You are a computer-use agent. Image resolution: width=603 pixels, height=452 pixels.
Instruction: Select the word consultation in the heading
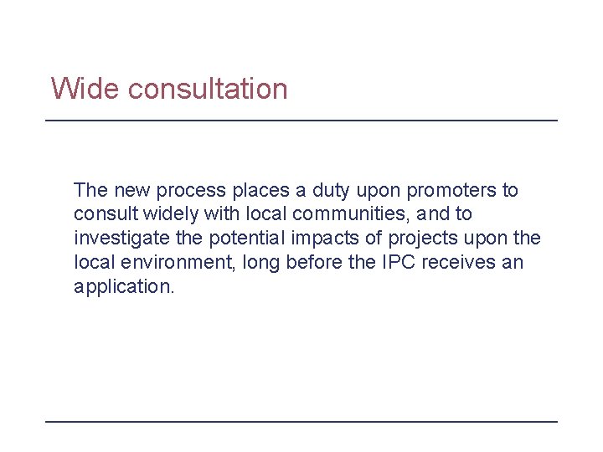pos(208,88)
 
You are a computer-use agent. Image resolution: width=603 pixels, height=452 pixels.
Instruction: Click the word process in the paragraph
pos(190,190)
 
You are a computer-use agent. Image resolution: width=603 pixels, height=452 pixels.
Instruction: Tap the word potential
pos(245,239)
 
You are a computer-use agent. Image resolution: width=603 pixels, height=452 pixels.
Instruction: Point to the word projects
pos(418,239)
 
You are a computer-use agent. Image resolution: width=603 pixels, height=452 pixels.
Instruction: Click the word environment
pos(176,263)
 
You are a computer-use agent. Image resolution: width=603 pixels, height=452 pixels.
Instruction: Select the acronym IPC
pos(399,263)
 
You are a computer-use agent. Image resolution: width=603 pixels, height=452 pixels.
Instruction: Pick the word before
pos(312,263)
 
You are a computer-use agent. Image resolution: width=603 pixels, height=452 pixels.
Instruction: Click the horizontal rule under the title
pos(301,121)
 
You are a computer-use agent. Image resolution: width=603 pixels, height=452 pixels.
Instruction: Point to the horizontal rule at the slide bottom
pos(301,421)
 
